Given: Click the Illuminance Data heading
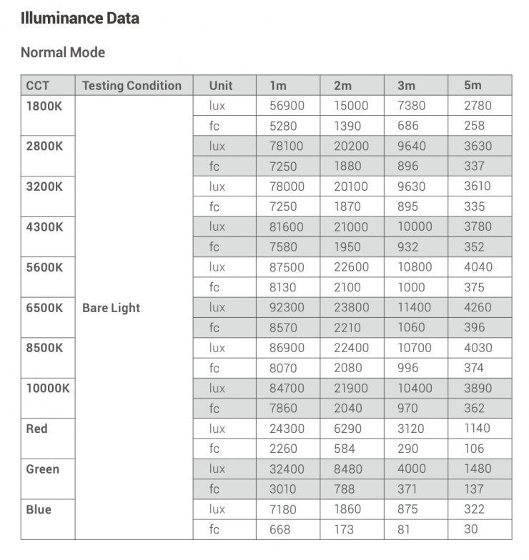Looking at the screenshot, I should click(80, 19).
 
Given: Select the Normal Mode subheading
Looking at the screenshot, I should click(63, 52).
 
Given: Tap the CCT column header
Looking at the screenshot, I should click(38, 86).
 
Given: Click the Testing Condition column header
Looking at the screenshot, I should click(132, 86).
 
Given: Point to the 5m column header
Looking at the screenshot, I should click(473, 86).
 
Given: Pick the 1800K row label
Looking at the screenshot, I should click(45, 106).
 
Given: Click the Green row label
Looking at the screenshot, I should click(43, 469).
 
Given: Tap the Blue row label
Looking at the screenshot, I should click(39, 510).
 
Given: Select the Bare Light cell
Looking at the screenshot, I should click(112, 308).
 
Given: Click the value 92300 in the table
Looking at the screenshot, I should click(286, 308).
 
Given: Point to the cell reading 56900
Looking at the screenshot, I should click(286, 106).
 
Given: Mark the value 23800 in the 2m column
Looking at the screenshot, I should click(351, 308).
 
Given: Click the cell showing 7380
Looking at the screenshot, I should click(411, 106).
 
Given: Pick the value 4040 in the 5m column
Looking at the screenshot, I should click(478, 267).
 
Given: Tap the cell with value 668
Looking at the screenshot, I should click(280, 530).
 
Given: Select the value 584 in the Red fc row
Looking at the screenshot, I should click(345, 449).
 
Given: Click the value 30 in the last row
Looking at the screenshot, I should click(471, 530).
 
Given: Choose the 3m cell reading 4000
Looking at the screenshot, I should click(411, 469).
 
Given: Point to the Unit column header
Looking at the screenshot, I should click(221, 86).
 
